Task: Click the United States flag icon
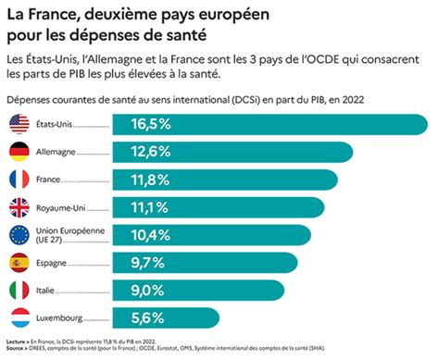point(19,123)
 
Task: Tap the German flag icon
point(19,151)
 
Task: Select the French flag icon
point(19,179)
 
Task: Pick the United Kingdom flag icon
point(19,206)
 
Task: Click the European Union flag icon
point(19,234)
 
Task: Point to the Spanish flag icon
point(19,262)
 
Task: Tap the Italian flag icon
point(19,290)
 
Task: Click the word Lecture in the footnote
point(16,341)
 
